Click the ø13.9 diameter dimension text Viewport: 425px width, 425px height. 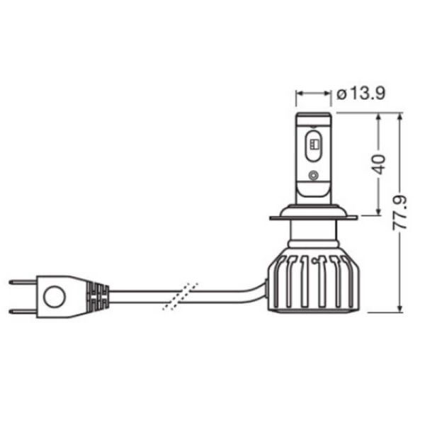pos(361,93)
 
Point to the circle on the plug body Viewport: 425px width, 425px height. pos(55,296)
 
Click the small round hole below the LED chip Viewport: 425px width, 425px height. pos(314,175)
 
